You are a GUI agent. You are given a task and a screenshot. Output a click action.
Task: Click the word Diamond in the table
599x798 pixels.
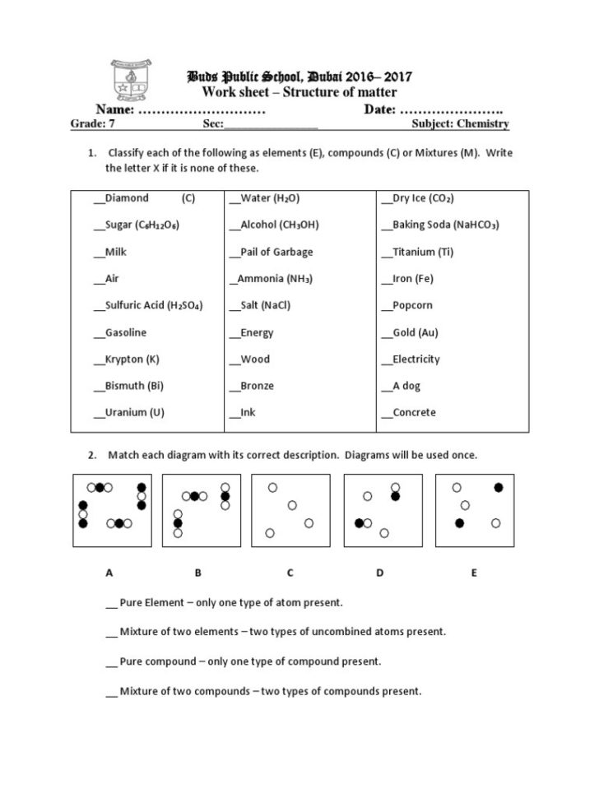click(127, 198)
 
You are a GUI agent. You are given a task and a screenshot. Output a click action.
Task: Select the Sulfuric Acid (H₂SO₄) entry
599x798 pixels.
click(154, 305)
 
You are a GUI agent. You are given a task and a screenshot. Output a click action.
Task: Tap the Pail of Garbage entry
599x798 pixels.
click(276, 252)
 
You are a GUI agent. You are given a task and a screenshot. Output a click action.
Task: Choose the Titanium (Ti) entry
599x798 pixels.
click(423, 252)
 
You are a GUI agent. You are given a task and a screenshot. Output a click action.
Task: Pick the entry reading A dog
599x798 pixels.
click(406, 386)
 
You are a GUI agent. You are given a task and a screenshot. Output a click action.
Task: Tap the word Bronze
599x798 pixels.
click(257, 386)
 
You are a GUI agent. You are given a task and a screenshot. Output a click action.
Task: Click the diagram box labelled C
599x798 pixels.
click(290, 510)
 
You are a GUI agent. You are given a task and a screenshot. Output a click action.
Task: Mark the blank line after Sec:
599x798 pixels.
click(271, 126)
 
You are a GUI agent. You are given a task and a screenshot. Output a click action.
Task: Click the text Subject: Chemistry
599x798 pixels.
click(460, 124)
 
